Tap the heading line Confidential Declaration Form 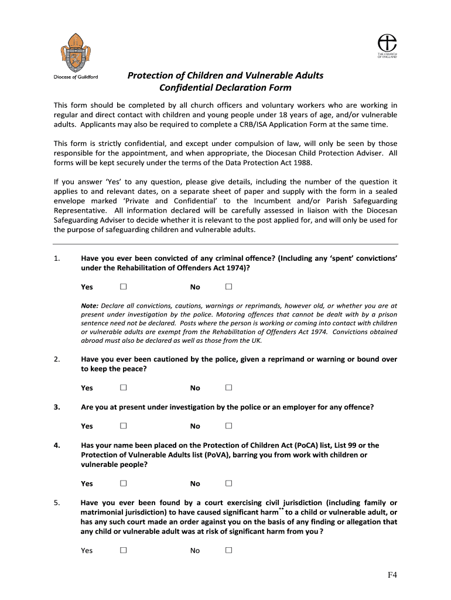pyautogui.click(x=225, y=88)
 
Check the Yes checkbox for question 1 pyautogui.click(x=123, y=287)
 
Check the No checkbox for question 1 pyautogui.click(x=228, y=287)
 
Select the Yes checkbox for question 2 pyautogui.click(x=123, y=387)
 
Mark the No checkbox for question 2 pyautogui.click(x=228, y=387)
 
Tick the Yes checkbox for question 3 pyautogui.click(x=123, y=425)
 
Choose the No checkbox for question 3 pyautogui.click(x=228, y=425)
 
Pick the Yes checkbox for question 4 pyautogui.click(x=123, y=483)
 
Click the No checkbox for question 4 pyautogui.click(x=228, y=483)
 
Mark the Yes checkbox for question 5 pyautogui.click(x=123, y=550)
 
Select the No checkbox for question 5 pyautogui.click(x=228, y=550)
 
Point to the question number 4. pyautogui.click(x=56, y=445)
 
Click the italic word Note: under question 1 pyautogui.click(x=90, y=306)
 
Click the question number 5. pyautogui.click(x=56, y=503)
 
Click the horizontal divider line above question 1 pyautogui.click(x=225, y=244)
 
